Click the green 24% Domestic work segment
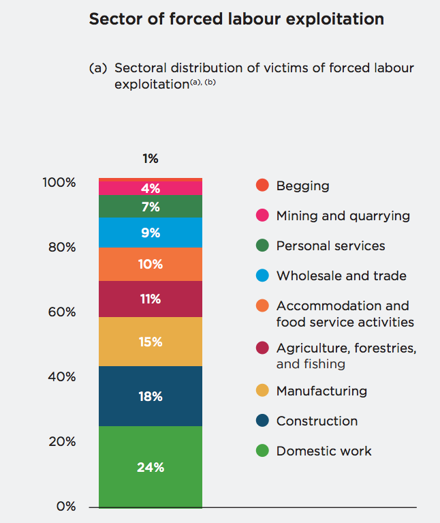tap(151, 467)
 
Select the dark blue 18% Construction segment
tap(151, 396)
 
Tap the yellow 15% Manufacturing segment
tap(151, 342)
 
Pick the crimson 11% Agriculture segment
tap(151, 299)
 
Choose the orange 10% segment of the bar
tap(151, 264)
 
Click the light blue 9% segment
tap(151, 233)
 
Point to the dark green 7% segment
tap(151, 207)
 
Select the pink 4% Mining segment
tap(151, 187)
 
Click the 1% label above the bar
tap(151, 159)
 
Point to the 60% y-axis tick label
tap(62, 312)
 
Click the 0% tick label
tap(66, 507)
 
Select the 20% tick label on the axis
tap(62, 442)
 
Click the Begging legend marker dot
tap(262, 185)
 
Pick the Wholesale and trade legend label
tap(341, 275)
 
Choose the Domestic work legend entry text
tap(324, 451)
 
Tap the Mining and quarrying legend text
tap(343, 215)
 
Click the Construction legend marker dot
tap(262, 421)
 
